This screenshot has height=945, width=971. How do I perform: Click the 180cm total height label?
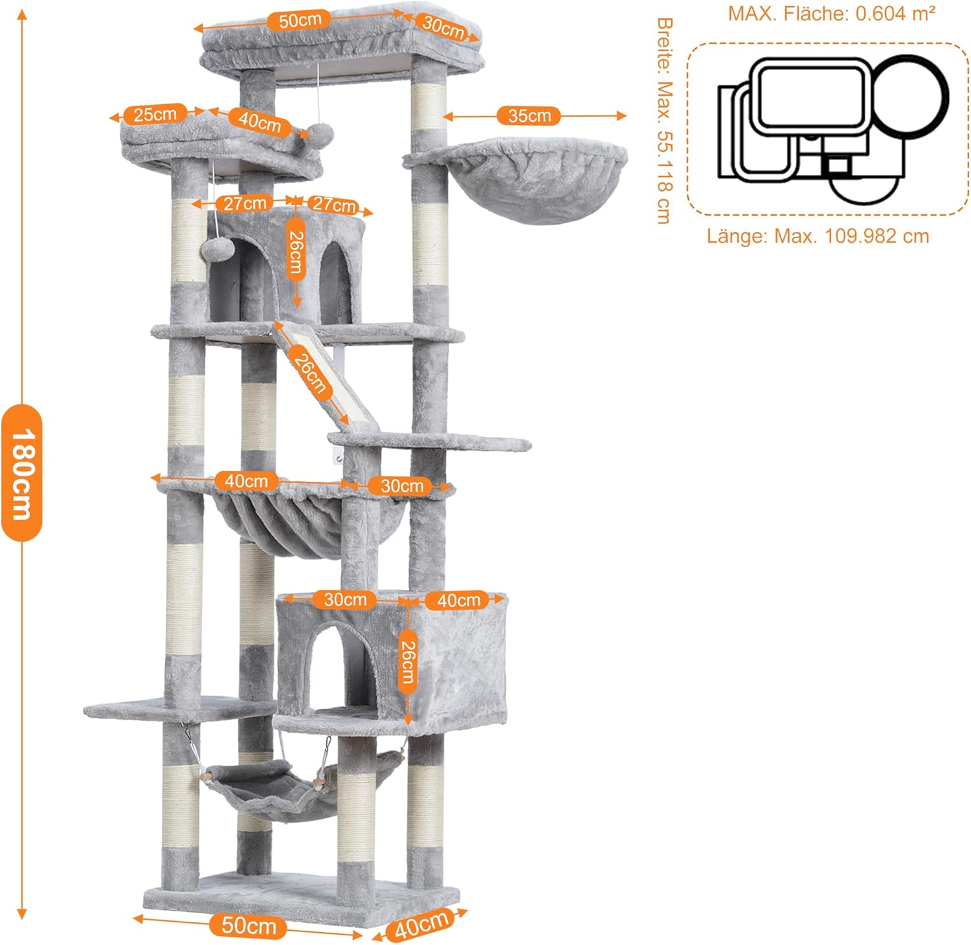(21, 473)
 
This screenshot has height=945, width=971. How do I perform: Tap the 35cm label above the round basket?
(529, 116)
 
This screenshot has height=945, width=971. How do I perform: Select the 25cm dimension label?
(155, 115)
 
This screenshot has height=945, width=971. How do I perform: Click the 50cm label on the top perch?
(300, 20)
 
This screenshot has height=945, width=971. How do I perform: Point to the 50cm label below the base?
(249, 926)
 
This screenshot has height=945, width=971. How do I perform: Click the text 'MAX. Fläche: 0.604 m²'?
(831, 13)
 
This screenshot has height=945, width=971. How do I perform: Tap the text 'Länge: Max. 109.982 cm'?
(818, 236)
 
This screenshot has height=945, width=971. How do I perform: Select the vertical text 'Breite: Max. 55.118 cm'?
(664, 120)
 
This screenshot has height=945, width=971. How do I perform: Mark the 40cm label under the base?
(421, 924)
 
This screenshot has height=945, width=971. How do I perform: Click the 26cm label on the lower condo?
(407, 661)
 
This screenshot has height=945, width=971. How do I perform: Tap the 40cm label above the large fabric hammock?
(246, 481)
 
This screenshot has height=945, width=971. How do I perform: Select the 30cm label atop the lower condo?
(345, 599)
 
